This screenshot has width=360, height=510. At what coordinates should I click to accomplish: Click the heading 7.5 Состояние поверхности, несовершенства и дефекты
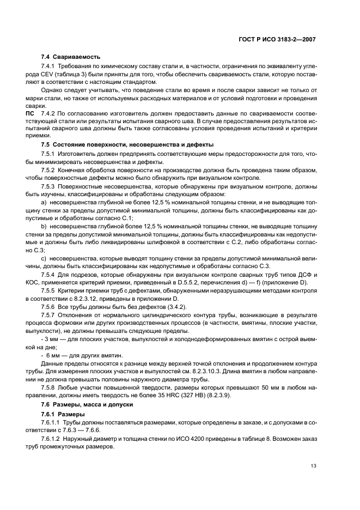click(x=127, y=145)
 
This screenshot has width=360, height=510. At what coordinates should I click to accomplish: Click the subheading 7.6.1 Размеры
click(x=63, y=414)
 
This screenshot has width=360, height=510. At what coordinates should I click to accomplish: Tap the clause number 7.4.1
click(x=50, y=66)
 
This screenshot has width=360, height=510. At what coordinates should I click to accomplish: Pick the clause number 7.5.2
click(x=50, y=169)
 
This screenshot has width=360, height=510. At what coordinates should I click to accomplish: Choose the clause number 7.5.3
click(x=50, y=186)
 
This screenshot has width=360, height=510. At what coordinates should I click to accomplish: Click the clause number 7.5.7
click(x=50, y=315)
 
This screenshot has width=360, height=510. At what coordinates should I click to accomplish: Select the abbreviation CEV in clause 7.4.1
click(x=48, y=74)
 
